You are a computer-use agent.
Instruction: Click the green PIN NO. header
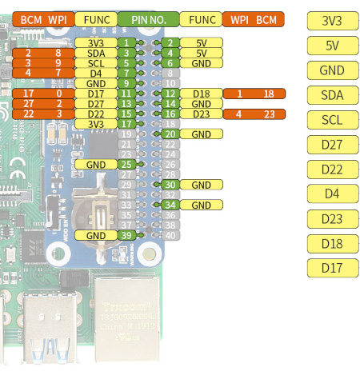pyautogui.click(x=148, y=19)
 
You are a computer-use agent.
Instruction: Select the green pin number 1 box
pyautogui.click(x=126, y=42)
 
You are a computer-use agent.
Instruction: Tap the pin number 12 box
pyautogui.click(x=170, y=94)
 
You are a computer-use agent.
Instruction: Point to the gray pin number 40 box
pyautogui.click(x=170, y=235)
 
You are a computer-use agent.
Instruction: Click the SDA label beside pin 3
pyautogui.click(x=96, y=53)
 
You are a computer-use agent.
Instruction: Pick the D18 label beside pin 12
pyautogui.click(x=202, y=94)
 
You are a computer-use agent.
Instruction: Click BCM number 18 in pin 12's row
pyautogui.click(x=269, y=94)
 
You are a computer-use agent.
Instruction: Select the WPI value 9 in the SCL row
pyautogui.click(x=58, y=63)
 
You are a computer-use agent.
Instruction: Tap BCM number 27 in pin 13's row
pyautogui.click(x=28, y=104)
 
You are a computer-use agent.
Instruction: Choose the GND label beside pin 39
pyautogui.click(x=96, y=235)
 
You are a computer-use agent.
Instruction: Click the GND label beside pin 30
pyautogui.click(x=202, y=185)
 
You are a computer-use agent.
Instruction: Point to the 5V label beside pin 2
pyautogui.click(x=202, y=42)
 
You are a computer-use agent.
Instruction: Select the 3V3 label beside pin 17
pyautogui.click(x=96, y=124)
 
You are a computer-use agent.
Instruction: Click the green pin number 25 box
pyautogui.click(x=126, y=165)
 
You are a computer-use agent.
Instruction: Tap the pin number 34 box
pyautogui.click(x=170, y=205)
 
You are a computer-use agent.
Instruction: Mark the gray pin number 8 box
pyautogui.click(x=170, y=74)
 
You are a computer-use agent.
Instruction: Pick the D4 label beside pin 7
pyautogui.click(x=96, y=74)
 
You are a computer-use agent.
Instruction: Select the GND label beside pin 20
pyautogui.click(x=202, y=134)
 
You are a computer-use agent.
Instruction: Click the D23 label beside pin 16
pyautogui.click(x=202, y=114)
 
